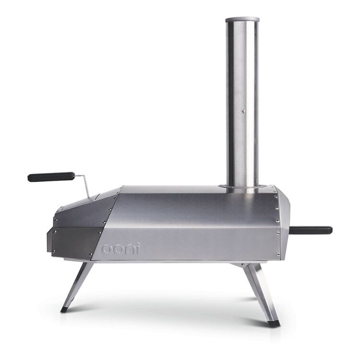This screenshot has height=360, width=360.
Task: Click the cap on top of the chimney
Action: tap(242, 20)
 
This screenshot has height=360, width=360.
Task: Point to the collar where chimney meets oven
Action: tap(242, 186)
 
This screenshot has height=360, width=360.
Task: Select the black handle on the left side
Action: tap(51, 177)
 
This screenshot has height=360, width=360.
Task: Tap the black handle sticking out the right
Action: tap(311, 230)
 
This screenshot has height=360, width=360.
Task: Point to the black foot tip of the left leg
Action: tap(64, 310)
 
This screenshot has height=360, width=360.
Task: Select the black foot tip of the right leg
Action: tap(274, 323)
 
